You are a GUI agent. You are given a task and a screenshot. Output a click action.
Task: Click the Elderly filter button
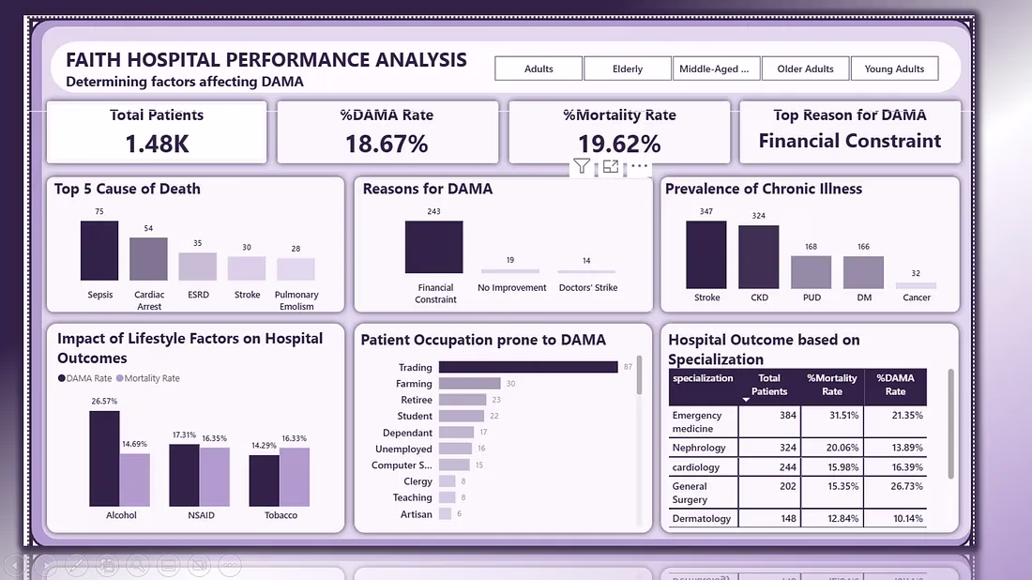[x=628, y=69]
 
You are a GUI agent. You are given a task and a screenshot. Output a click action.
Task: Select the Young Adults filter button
[x=894, y=69]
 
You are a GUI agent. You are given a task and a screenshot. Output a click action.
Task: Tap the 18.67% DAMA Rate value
[x=387, y=144]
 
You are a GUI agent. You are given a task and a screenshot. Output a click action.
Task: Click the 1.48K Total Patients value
[x=157, y=144]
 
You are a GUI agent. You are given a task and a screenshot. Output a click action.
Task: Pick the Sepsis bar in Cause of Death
[x=99, y=251]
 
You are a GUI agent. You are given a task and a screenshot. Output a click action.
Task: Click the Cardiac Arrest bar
[x=149, y=259]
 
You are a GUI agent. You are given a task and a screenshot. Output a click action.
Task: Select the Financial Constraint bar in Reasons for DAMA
[x=433, y=247]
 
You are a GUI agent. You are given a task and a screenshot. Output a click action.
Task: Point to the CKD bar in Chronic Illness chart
[x=758, y=257]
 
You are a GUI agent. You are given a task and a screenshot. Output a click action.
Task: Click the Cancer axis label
[x=917, y=298]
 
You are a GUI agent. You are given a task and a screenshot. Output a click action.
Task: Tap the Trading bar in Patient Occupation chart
[x=528, y=367]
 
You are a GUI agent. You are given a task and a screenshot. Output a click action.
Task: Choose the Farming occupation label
[x=414, y=384]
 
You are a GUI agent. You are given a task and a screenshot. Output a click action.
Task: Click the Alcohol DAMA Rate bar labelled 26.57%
[x=105, y=459]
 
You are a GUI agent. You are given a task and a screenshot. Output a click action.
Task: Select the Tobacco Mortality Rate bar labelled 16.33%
[x=295, y=478]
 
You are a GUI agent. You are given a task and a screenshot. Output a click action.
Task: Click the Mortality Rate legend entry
[x=148, y=378]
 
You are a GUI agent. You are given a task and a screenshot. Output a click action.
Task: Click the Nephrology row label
[x=699, y=448]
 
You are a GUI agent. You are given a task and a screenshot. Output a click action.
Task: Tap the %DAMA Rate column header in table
[x=895, y=385]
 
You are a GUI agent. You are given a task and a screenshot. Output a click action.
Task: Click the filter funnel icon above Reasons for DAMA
[x=582, y=166]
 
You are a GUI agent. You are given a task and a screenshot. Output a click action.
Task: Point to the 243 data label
[x=433, y=211]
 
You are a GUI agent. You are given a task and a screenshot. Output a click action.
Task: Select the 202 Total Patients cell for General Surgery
[x=788, y=486]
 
